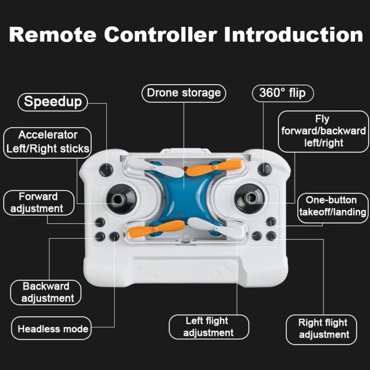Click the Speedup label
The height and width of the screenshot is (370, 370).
click(x=53, y=102)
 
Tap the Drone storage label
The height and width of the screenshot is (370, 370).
click(x=184, y=93)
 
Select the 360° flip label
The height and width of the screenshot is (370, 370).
click(x=283, y=93)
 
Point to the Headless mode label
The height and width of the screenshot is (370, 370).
click(x=51, y=328)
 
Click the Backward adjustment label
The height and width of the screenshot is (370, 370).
click(x=46, y=292)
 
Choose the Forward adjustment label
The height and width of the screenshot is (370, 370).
click(x=38, y=203)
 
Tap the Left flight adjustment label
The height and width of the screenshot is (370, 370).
click(x=209, y=327)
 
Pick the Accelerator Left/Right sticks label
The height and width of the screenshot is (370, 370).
click(x=47, y=143)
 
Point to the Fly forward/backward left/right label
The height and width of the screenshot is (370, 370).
click(x=323, y=132)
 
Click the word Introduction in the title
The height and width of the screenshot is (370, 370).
click(x=293, y=35)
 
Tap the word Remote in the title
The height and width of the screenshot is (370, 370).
click(x=53, y=35)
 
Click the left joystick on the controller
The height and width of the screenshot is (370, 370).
click(x=121, y=199)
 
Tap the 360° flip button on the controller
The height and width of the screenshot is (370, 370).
click(x=264, y=169)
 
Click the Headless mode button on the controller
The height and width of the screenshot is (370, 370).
click(x=114, y=236)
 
